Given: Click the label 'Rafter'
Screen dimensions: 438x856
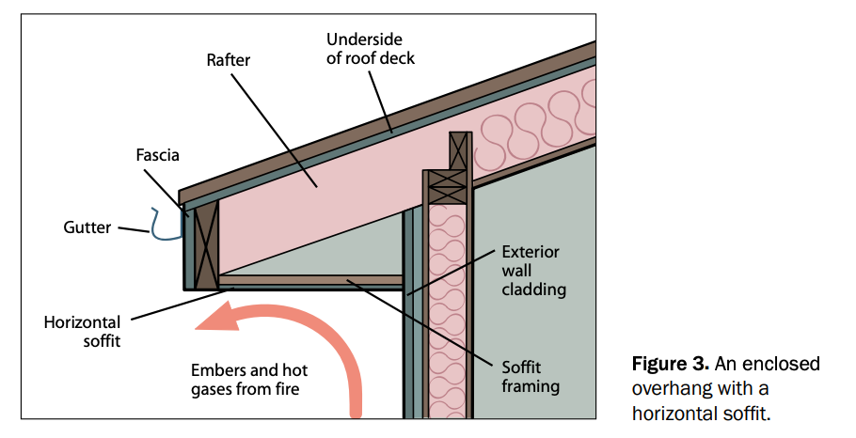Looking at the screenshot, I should point(230,59).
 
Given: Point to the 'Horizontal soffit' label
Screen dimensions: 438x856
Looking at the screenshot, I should point(82,332).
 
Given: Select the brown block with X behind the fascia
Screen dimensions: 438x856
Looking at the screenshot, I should point(206,240).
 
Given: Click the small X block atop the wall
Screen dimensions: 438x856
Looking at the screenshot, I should point(459,150).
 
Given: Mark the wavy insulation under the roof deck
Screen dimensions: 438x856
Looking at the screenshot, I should point(536,122).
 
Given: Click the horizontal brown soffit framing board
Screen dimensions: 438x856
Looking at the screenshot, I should point(310,280).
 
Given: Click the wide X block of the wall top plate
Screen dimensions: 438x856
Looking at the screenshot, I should point(448,186).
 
